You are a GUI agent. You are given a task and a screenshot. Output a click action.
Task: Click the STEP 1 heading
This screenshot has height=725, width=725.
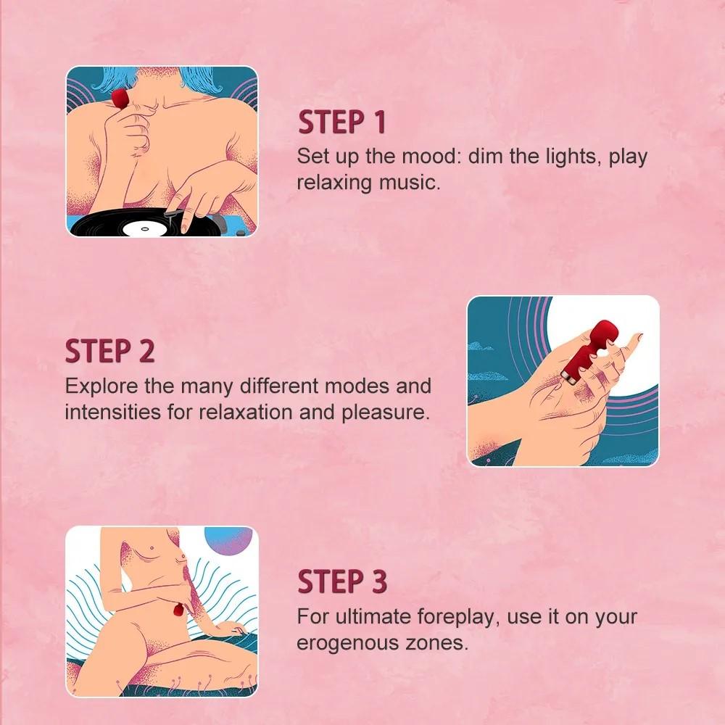pyautogui.click(x=341, y=122)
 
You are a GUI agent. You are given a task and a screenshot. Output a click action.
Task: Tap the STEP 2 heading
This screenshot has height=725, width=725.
pyautogui.click(x=109, y=351)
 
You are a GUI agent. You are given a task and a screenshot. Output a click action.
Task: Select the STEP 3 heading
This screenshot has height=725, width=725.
pyautogui.click(x=342, y=581)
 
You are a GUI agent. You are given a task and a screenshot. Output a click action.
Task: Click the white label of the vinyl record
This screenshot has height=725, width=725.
pyautogui.click(x=143, y=229)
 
